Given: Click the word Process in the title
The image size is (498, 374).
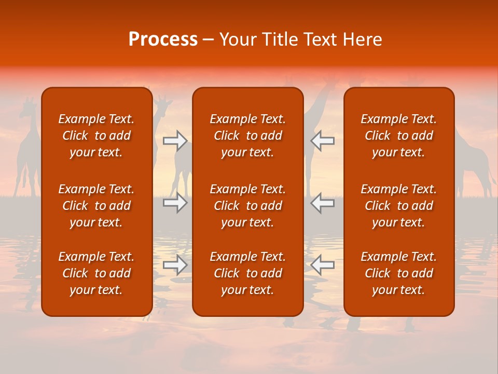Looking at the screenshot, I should click(163, 39).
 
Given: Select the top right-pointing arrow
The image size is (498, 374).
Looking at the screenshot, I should click(175, 140).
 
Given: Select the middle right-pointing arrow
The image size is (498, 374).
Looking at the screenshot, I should click(175, 203).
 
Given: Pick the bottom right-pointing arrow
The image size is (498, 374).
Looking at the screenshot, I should click(175, 265).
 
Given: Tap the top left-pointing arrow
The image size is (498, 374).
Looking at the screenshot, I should click(322, 140).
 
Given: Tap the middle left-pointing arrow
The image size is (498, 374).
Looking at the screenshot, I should click(322, 203).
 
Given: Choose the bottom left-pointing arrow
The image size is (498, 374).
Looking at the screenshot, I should click(322, 265).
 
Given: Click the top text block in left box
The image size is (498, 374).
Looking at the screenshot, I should click(96, 136).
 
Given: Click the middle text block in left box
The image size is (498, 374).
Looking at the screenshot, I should click(96, 206).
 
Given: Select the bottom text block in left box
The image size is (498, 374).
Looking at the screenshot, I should click(96, 273).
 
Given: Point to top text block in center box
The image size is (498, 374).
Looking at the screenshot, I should click(247, 136).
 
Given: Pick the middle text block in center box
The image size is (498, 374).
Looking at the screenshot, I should click(247, 206).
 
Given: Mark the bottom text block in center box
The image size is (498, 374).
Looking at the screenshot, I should click(247, 273).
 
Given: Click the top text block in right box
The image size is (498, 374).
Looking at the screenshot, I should click(398, 136).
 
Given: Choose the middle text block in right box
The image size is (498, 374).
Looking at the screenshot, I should click(398, 206).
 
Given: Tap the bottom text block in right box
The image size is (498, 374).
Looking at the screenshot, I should click(398, 273).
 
